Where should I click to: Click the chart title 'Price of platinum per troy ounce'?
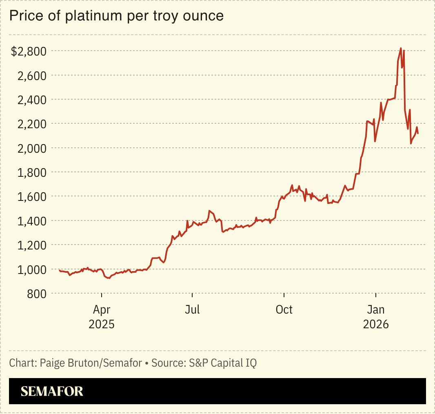pyautogui.click(x=116, y=16)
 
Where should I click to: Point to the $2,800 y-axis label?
pyautogui.click(x=29, y=51)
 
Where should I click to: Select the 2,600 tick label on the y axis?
pyautogui.click(x=32, y=76)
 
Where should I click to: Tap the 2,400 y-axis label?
pyautogui.click(x=32, y=100)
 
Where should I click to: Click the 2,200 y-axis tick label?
pyautogui.click(x=32, y=124)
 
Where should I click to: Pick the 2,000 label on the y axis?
pyautogui.click(x=32, y=148)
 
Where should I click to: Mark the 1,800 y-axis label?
pyautogui.click(x=32, y=172)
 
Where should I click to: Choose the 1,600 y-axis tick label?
pyautogui.click(x=32, y=196)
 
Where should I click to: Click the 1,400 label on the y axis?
pyautogui.click(x=32, y=221)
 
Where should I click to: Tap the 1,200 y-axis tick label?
pyautogui.click(x=32, y=245)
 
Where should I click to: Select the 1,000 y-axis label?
pyautogui.click(x=32, y=269)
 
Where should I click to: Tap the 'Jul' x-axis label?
pyautogui.click(x=192, y=310)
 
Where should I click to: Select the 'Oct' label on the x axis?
pyautogui.click(x=284, y=310)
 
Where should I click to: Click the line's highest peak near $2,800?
pyautogui.click(x=401, y=48)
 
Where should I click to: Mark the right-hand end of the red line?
pyautogui.click(x=417, y=133)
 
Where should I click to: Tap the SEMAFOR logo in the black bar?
pyautogui.click(x=52, y=392)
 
